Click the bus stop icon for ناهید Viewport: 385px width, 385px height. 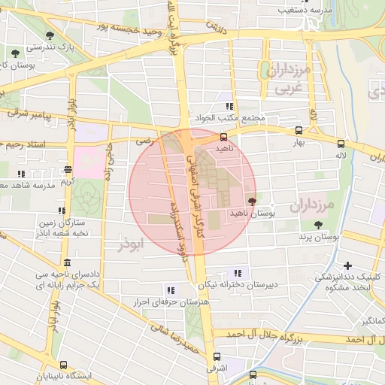(223, 138)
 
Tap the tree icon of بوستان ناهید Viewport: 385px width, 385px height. (251, 202)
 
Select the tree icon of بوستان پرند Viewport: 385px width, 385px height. (319, 225)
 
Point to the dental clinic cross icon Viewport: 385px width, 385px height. (347, 265)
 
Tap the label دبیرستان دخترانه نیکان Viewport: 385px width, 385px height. (238, 285)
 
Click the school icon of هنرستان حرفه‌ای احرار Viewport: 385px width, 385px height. (171, 290)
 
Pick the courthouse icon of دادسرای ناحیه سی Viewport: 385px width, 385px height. (68, 262)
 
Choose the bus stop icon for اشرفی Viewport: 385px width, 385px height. (217, 357)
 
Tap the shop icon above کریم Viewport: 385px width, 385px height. (68, 169)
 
